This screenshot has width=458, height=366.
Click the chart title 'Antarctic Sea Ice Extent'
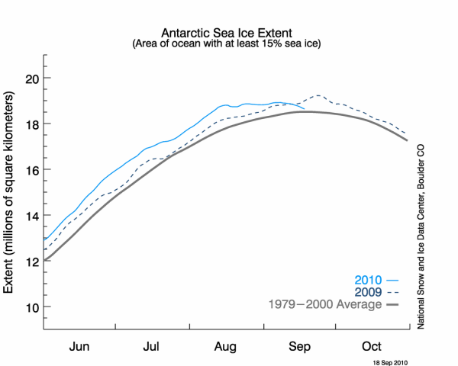tap(229, 34)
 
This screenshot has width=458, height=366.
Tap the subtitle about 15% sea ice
tap(229, 44)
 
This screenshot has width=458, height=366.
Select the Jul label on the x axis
tap(153, 345)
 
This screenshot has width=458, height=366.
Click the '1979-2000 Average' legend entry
tap(334, 305)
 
